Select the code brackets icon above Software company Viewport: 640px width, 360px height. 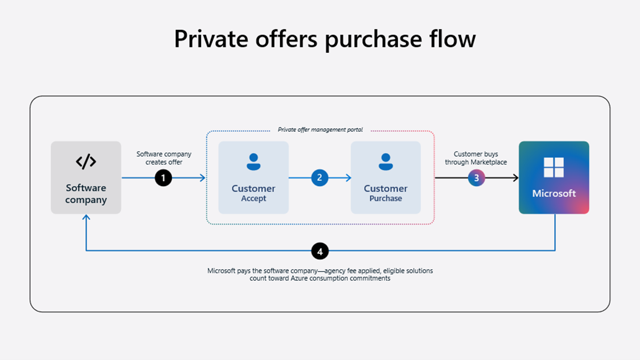(x=86, y=162)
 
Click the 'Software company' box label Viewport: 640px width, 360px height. (x=86, y=194)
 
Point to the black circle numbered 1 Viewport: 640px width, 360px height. (x=163, y=178)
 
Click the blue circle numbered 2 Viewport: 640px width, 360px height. (x=319, y=178)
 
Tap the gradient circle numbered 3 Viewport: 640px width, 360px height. (x=476, y=178)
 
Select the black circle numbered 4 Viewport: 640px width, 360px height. (x=320, y=251)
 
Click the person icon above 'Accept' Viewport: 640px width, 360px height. (x=253, y=162)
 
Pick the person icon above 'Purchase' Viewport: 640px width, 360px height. (x=386, y=162)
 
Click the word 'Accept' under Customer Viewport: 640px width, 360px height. (x=253, y=198)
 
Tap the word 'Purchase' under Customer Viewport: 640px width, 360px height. (x=386, y=198)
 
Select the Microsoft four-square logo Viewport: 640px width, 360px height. (x=554, y=167)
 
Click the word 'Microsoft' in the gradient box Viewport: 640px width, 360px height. (x=554, y=193)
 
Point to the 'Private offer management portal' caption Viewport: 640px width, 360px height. (x=320, y=130)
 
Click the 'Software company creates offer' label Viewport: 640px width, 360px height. (x=164, y=158)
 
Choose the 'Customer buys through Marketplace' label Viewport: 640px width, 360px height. (x=476, y=158)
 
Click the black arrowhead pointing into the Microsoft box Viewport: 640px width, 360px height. (x=515, y=178)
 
